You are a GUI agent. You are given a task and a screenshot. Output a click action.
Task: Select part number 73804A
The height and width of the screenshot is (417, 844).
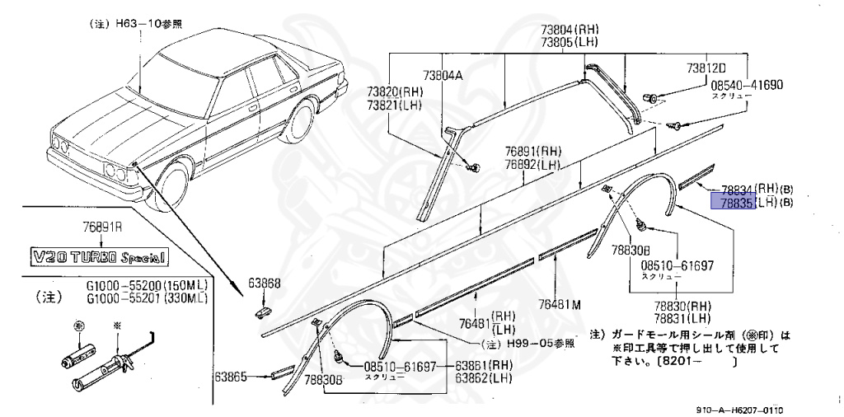(444, 76)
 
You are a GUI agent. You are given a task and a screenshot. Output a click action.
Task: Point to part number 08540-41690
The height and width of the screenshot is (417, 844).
(746, 84)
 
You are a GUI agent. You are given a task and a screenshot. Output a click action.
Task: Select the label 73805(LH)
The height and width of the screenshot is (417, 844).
(570, 44)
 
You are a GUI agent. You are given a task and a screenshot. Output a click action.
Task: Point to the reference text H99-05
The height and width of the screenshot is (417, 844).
(544, 343)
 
